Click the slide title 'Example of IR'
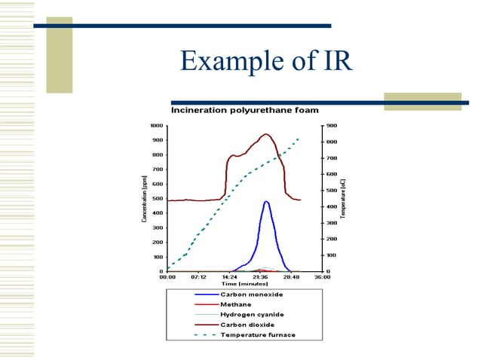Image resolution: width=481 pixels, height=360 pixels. click(x=266, y=61)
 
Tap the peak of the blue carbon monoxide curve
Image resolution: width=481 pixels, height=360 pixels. click(x=266, y=201)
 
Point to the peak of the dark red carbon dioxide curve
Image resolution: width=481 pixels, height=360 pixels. click(x=265, y=134)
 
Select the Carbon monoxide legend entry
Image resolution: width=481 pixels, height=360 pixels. click(x=249, y=294)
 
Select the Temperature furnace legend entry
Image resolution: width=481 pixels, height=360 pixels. click(x=257, y=334)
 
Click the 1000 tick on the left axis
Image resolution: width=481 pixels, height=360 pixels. click(x=157, y=125)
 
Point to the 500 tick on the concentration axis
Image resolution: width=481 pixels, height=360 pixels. click(x=158, y=198)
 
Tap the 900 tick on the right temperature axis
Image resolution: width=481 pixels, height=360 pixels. click(x=332, y=125)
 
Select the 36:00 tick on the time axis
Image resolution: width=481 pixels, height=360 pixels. click(x=322, y=277)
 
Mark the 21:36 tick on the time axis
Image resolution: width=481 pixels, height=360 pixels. click(x=261, y=277)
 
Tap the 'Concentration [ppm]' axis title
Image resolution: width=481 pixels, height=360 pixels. click(x=143, y=199)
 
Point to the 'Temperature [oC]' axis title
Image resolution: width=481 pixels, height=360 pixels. click(x=343, y=199)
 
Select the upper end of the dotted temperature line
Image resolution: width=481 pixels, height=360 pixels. click(x=299, y=139)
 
